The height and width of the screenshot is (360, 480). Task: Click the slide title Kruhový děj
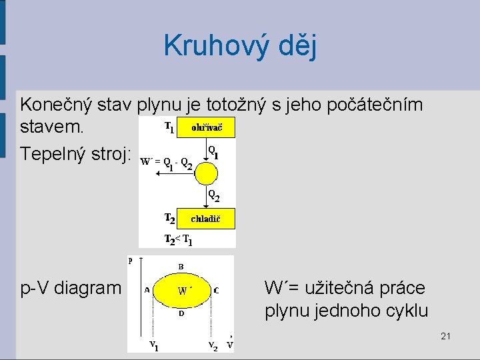pos(240,46)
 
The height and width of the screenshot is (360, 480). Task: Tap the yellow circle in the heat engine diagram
pos(205,173)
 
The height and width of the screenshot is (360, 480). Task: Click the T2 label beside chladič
pos(171,218)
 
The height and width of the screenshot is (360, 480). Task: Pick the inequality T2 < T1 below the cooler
pos(178,239)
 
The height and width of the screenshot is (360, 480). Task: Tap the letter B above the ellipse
pos(181,265)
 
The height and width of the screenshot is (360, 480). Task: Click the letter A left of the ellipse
pos(147,290)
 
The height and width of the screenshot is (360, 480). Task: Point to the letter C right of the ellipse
pos(216,290)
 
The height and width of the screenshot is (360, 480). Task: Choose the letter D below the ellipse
pos(181,313)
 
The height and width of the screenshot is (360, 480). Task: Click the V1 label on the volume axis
pos(153,345)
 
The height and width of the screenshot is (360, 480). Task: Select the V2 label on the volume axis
pos(212,346)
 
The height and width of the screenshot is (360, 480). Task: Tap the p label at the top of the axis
pos(131,260)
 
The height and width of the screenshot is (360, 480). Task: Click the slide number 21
pos(445,336)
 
